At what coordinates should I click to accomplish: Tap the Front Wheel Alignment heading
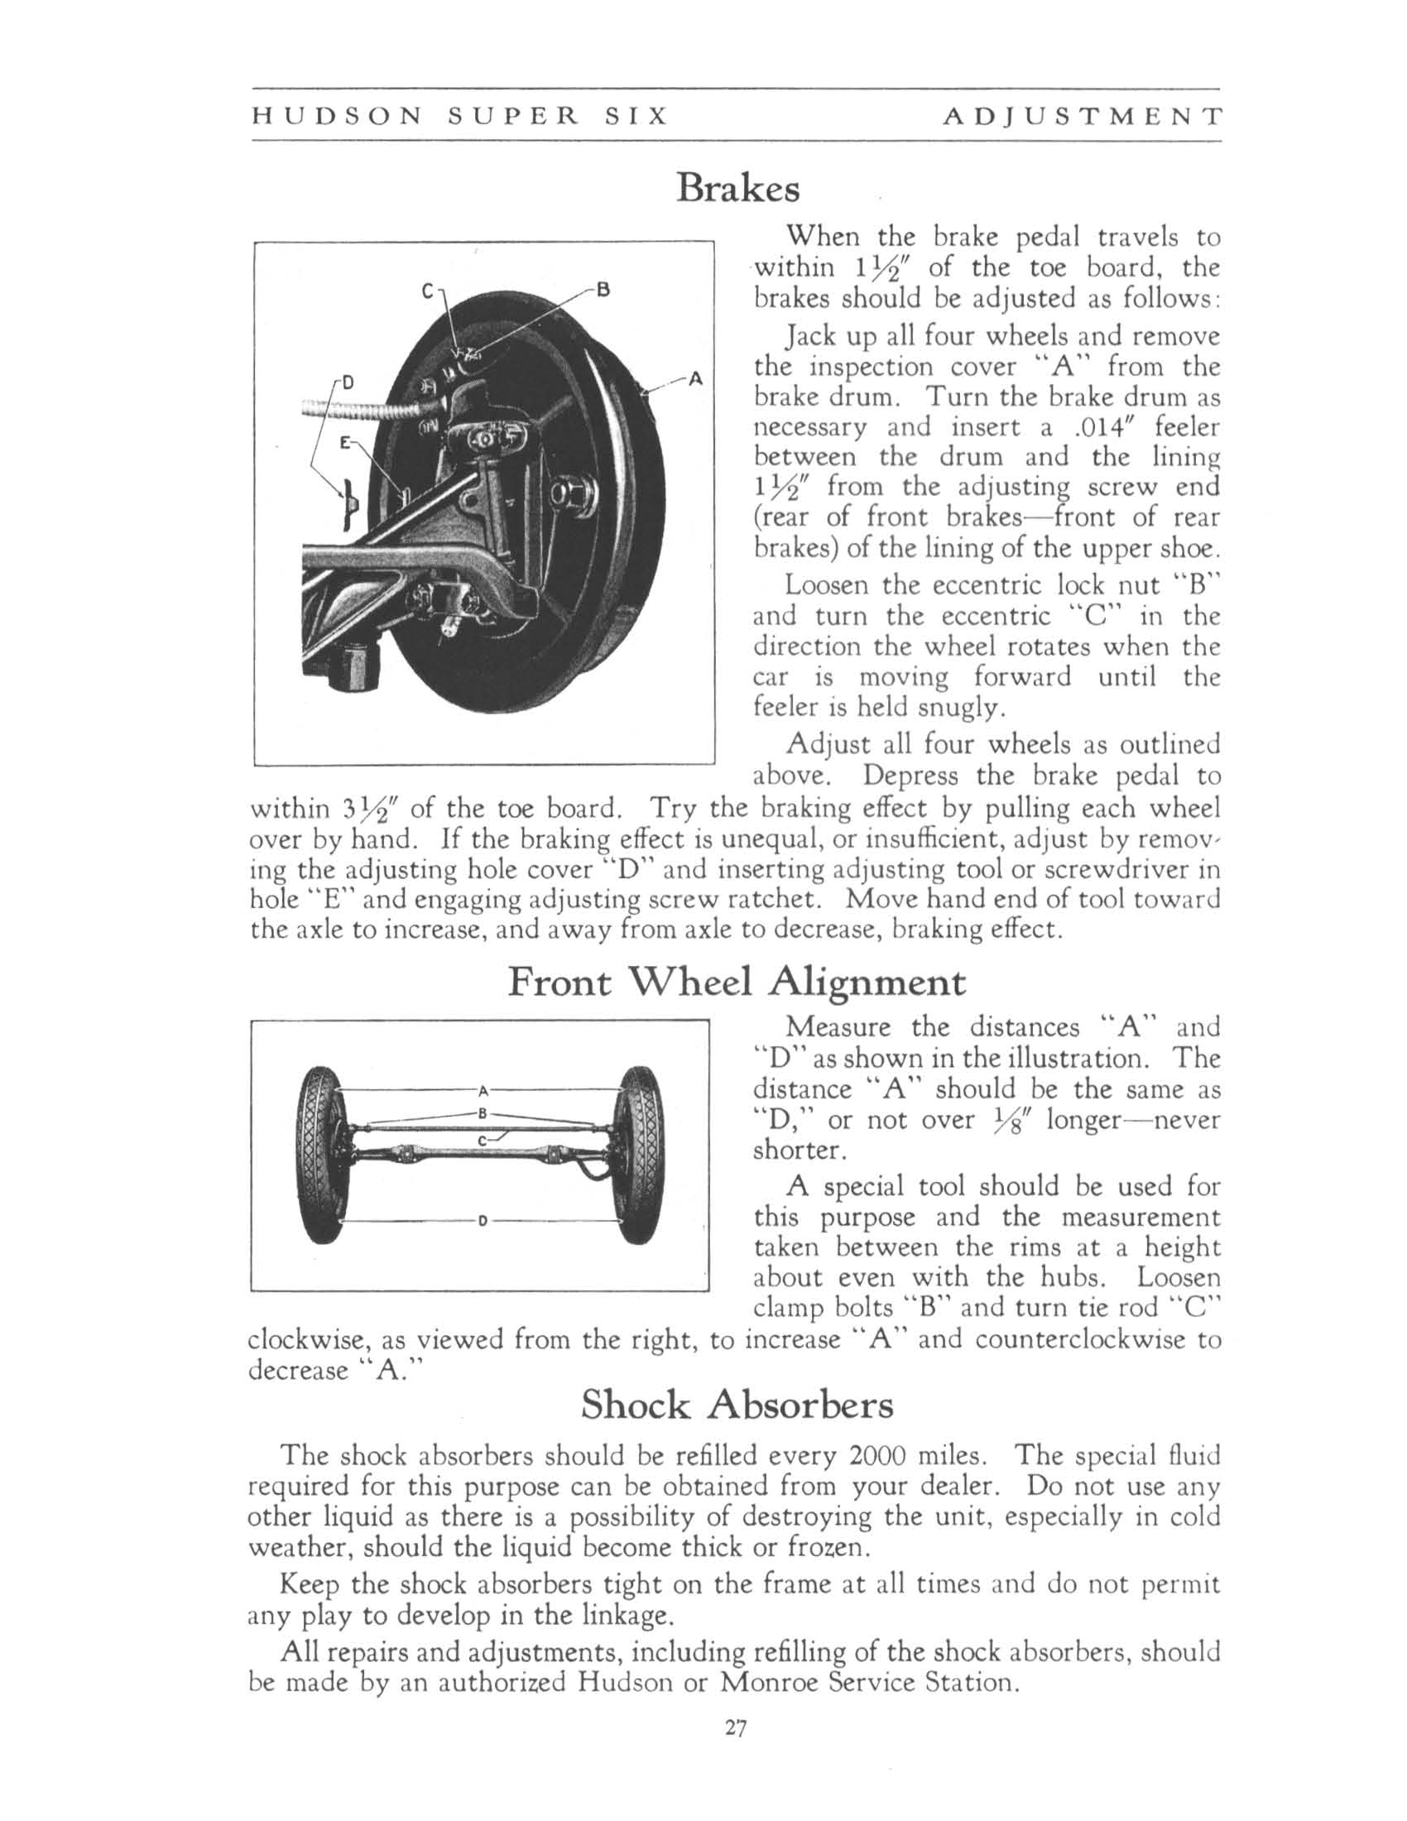tap(737, 983)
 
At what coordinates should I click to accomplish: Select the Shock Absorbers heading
tap(737, 1405)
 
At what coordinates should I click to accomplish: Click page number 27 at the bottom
tap(734, 1729)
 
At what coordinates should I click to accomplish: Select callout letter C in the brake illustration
tap(427, 292)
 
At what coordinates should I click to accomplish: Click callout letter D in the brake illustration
tap(348, 382)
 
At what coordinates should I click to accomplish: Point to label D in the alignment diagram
tap(481, 1223)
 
